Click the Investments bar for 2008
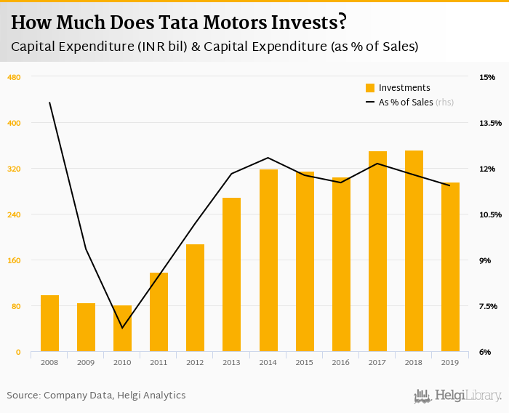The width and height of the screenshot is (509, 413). tap(49, 324)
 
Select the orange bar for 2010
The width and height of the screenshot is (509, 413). tap(122, 329)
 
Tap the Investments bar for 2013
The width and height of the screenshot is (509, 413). tap(231, 275)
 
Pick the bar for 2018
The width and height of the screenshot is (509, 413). tap(414, 251)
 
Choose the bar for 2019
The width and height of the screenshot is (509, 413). tap(450, 267)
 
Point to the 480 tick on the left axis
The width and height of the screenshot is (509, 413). tap(13, 77)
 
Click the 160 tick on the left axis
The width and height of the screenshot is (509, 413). tap(13, 260)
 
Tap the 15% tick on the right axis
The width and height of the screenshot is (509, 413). tap(486, 77)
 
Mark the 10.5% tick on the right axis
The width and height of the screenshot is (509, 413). tap(490, 214)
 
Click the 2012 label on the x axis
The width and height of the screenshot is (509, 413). tap(195, 362)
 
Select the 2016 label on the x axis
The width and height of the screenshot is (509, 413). tap(341, 362)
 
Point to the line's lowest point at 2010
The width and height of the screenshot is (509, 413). tap(122, 328)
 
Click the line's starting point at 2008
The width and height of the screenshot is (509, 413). tap(49, 103)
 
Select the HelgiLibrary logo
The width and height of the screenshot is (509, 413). tap(457, 396)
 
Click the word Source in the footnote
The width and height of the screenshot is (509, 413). tap(23, 395)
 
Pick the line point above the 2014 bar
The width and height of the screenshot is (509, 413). tap(268, 158)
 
